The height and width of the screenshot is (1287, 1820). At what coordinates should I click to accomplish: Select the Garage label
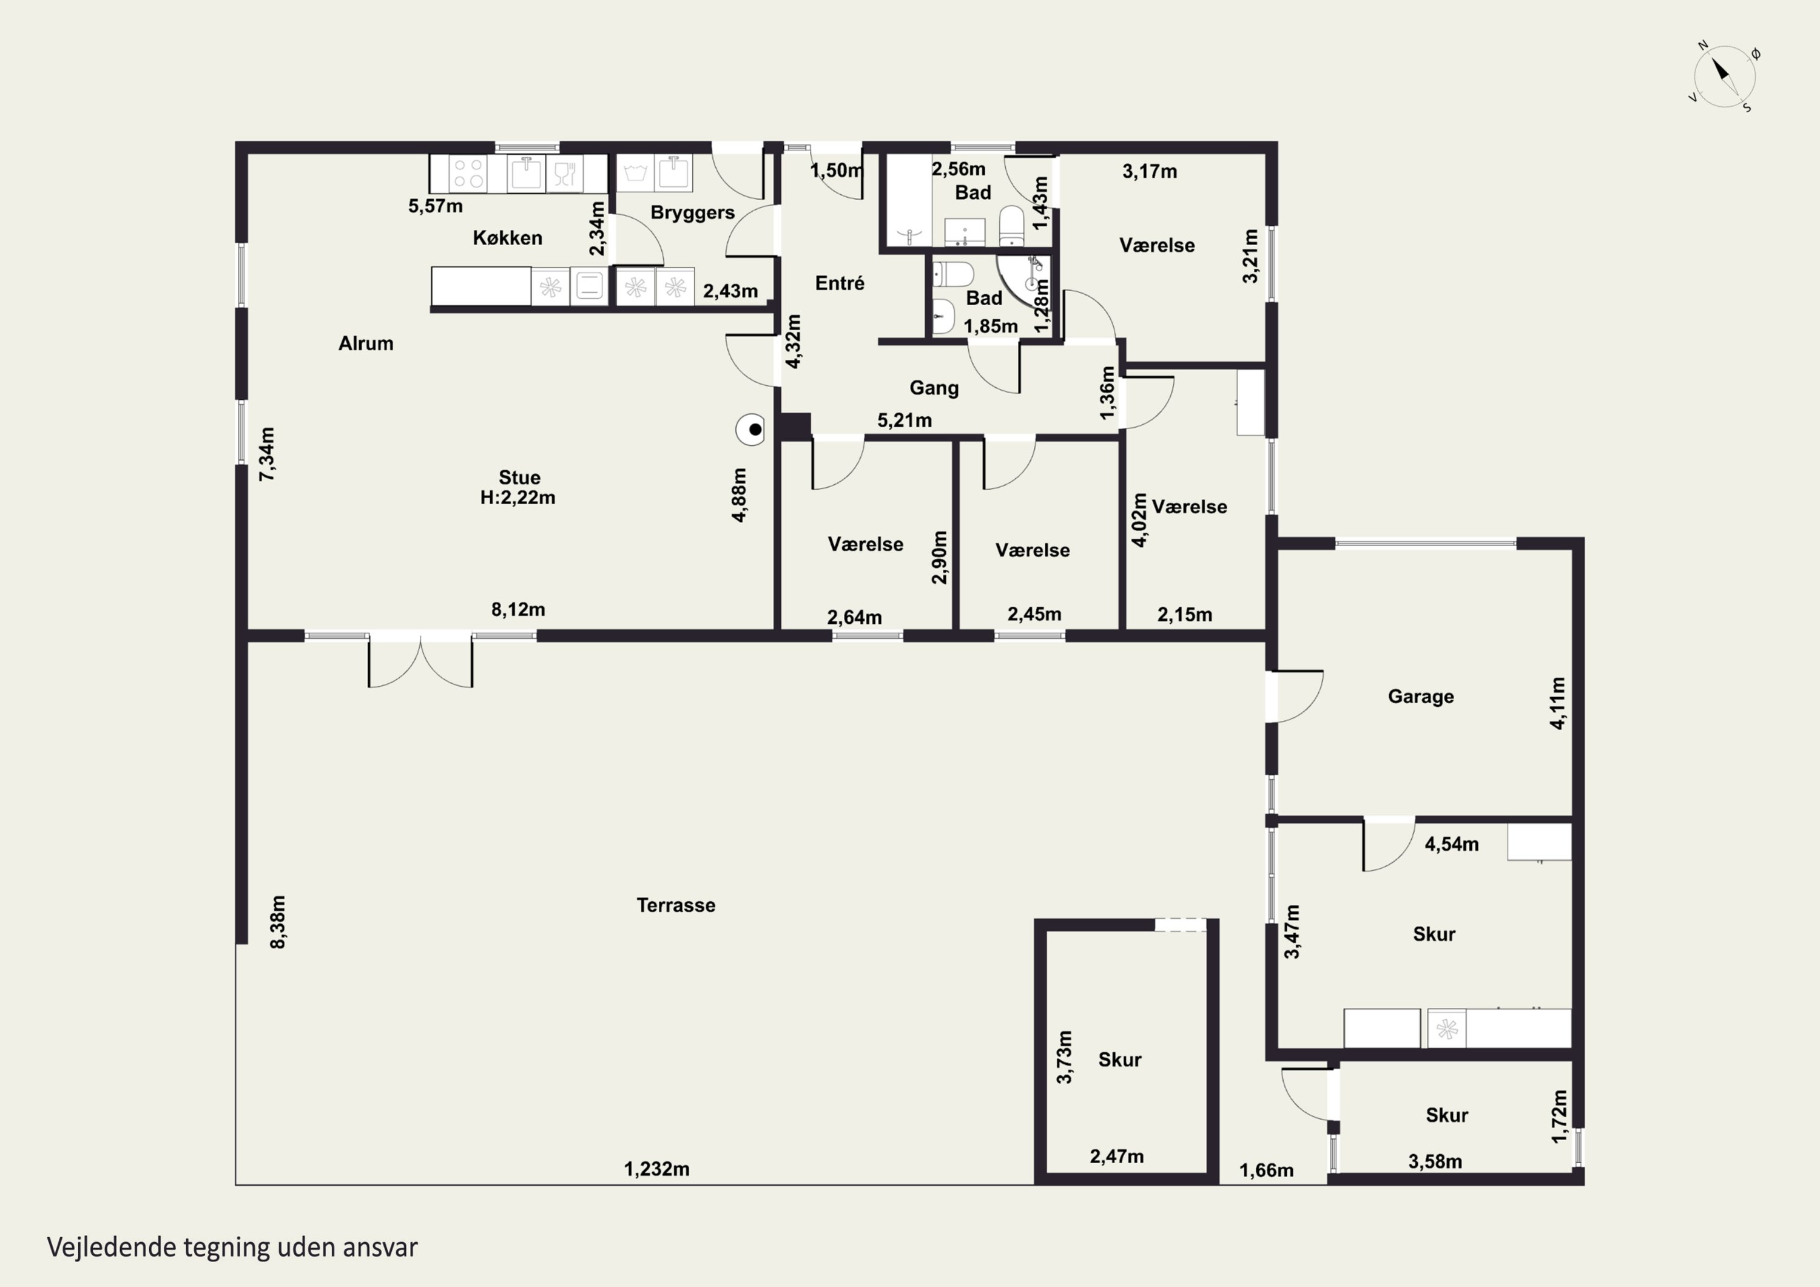[1420, 696]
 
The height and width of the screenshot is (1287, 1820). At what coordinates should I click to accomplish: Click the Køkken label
[507, 238]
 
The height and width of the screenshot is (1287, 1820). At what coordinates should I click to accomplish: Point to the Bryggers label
[692, 212]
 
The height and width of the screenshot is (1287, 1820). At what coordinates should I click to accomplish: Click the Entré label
[840, 283]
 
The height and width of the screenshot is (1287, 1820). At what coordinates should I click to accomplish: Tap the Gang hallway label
[934, 388]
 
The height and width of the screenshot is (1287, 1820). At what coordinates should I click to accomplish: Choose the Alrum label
[365, 343]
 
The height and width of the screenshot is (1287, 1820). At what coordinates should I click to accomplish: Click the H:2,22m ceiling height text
[517, 498]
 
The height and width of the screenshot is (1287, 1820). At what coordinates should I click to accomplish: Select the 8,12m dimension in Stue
[519, 609]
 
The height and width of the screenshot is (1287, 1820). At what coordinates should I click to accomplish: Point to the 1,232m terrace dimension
[656, 1169]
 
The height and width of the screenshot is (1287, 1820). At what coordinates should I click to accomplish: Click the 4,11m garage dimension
[1558, 703]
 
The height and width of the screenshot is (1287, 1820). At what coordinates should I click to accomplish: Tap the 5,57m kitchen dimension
[435, 206]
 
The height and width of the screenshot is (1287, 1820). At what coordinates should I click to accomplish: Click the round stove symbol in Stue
[750, 430]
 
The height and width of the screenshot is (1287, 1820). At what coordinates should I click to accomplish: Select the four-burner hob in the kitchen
[468, 174]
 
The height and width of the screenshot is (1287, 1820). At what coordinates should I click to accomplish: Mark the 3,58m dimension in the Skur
[1435, 1162]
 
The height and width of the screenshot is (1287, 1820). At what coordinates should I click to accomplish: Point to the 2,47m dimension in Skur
[1116, 1156]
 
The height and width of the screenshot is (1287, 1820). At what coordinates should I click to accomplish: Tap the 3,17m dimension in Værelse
[1150, 171]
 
